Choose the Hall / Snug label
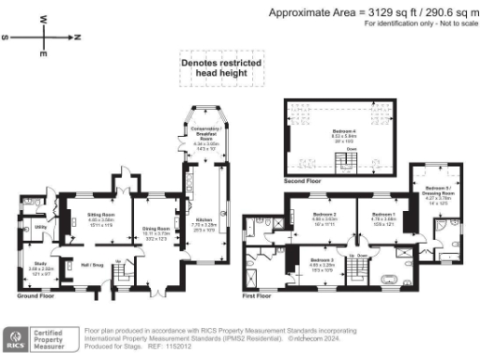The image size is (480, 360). click(91, 263)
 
